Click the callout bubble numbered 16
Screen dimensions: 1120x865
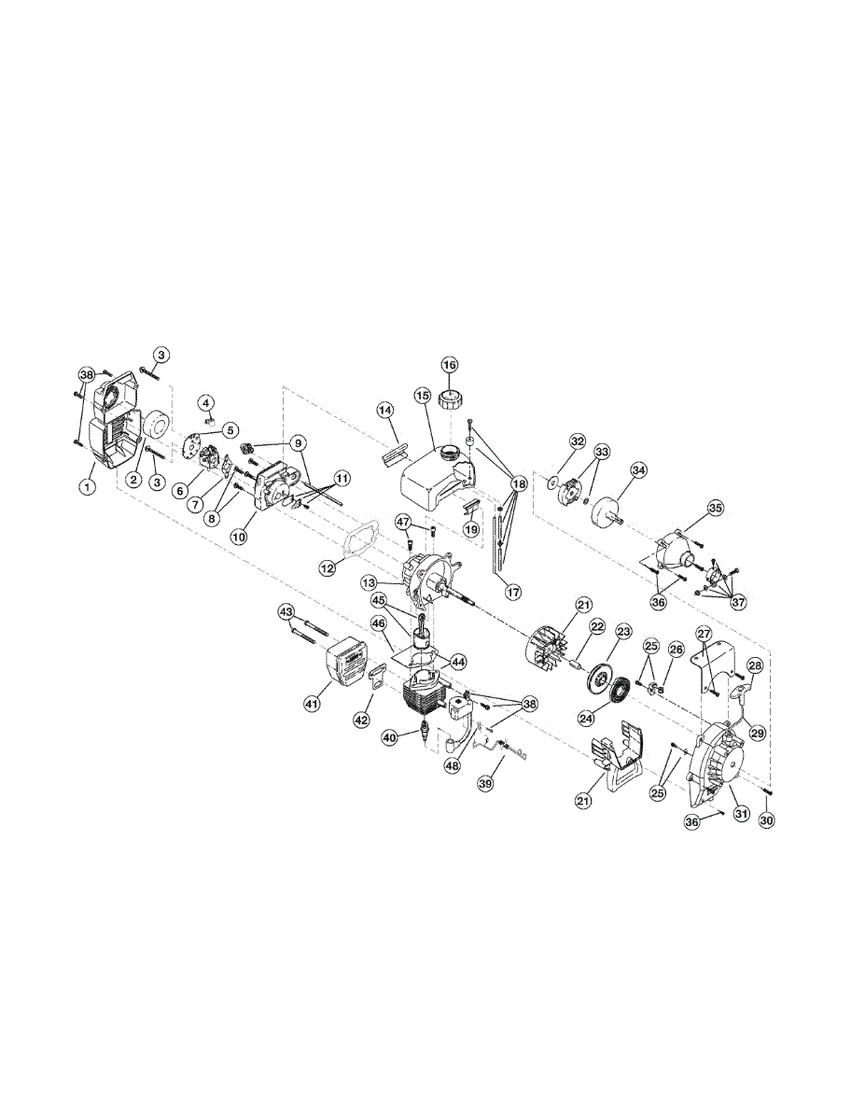(449, 364)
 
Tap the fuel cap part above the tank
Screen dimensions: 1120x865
(450, 398)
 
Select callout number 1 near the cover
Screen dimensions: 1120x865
(87, 486)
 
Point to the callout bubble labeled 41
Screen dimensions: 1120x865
(313, 703)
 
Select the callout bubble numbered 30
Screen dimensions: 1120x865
(767, 820)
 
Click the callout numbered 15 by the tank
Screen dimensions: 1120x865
(422, 397)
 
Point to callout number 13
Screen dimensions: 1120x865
(370, 581)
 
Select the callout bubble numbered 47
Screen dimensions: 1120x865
(403, 521)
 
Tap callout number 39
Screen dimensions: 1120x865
(485, 785)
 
